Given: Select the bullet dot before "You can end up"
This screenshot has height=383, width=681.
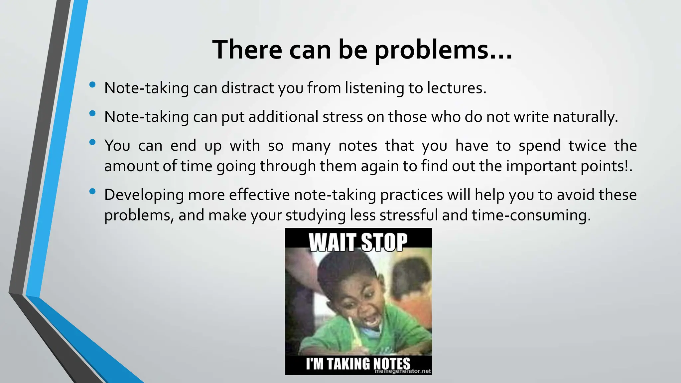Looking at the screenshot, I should click(x=92, y=143).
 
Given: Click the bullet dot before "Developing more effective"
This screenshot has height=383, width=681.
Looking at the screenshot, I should click(x=92, y=191).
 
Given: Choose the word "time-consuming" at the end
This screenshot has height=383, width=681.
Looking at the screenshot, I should click(x=531, y=215).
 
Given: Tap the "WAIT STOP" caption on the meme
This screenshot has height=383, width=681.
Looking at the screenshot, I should click(x=358, y=242).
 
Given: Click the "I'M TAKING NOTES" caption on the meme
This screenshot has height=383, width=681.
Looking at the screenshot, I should click(x=358, y=364).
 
